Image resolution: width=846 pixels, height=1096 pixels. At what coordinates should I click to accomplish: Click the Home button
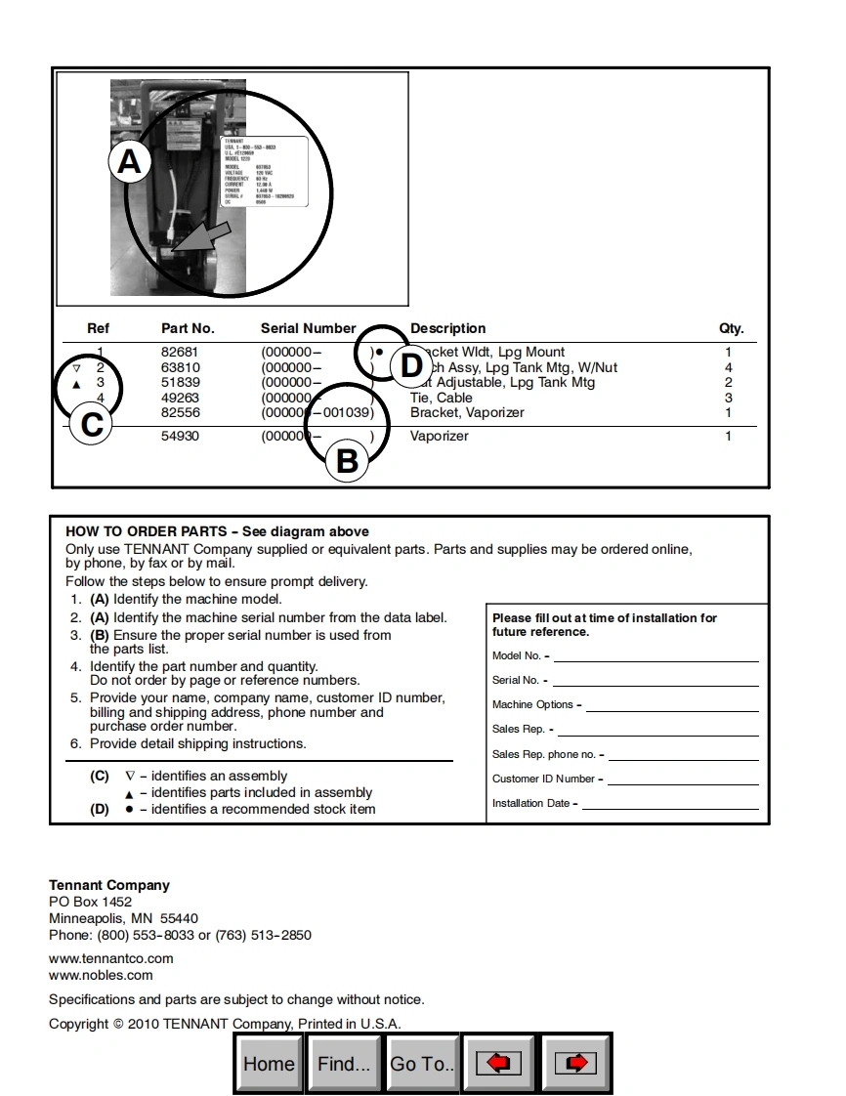[x=269, y=1064]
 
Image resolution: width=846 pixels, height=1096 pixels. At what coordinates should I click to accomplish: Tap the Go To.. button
[x=422, y=1064]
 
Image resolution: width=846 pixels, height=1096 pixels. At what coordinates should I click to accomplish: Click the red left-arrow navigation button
[x=498, y=1064]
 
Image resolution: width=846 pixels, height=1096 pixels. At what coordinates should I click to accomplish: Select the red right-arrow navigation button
[x=575, y=1064]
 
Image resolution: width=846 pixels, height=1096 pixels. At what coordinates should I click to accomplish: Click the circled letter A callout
[x=130, y=161]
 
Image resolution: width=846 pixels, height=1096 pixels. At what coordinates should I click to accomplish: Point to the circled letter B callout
[x=347, y=460]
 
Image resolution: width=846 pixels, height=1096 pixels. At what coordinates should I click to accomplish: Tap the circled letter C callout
[x=92, y=425]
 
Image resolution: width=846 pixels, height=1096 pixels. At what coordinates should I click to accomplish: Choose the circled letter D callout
[x=411, y=365]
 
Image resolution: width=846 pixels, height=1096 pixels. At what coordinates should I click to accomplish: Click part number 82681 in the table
[x=180, y=353]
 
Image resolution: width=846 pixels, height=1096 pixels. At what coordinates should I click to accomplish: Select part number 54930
[x=180, y=437]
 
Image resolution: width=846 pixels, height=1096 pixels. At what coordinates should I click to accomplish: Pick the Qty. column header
[x=731, y=329]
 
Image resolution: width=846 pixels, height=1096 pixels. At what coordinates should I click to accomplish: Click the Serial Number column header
[x=308, y=329]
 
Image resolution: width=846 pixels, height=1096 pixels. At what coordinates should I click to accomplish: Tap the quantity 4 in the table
[x=728, y=368]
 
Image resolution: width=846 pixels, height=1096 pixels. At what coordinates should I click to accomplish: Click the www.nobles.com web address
[x=101, y=975]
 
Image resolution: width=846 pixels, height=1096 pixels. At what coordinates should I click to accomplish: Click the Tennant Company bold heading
[x=109, y=886]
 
